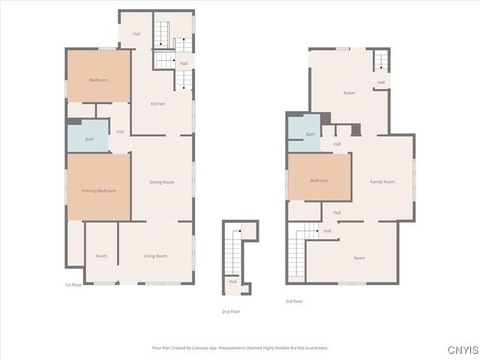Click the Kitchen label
[157, 103]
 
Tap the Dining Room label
[162, 182]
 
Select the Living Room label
[155, 256]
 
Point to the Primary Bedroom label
[98, 190]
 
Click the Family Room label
[382, 181]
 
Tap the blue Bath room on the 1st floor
[89, 139]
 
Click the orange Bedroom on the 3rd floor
[319, 180]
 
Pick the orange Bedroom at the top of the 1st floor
[99, 79]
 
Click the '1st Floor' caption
[73, 285]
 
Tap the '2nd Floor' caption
[231, 310]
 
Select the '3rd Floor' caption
[294, 301]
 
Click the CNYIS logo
[463, 350]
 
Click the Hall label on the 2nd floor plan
[232, 281]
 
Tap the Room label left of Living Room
[101, 256]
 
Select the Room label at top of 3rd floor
[349, 93]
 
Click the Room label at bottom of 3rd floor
[359, 257]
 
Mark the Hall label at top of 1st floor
[136, 34]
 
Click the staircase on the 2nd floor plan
[235, 255]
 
